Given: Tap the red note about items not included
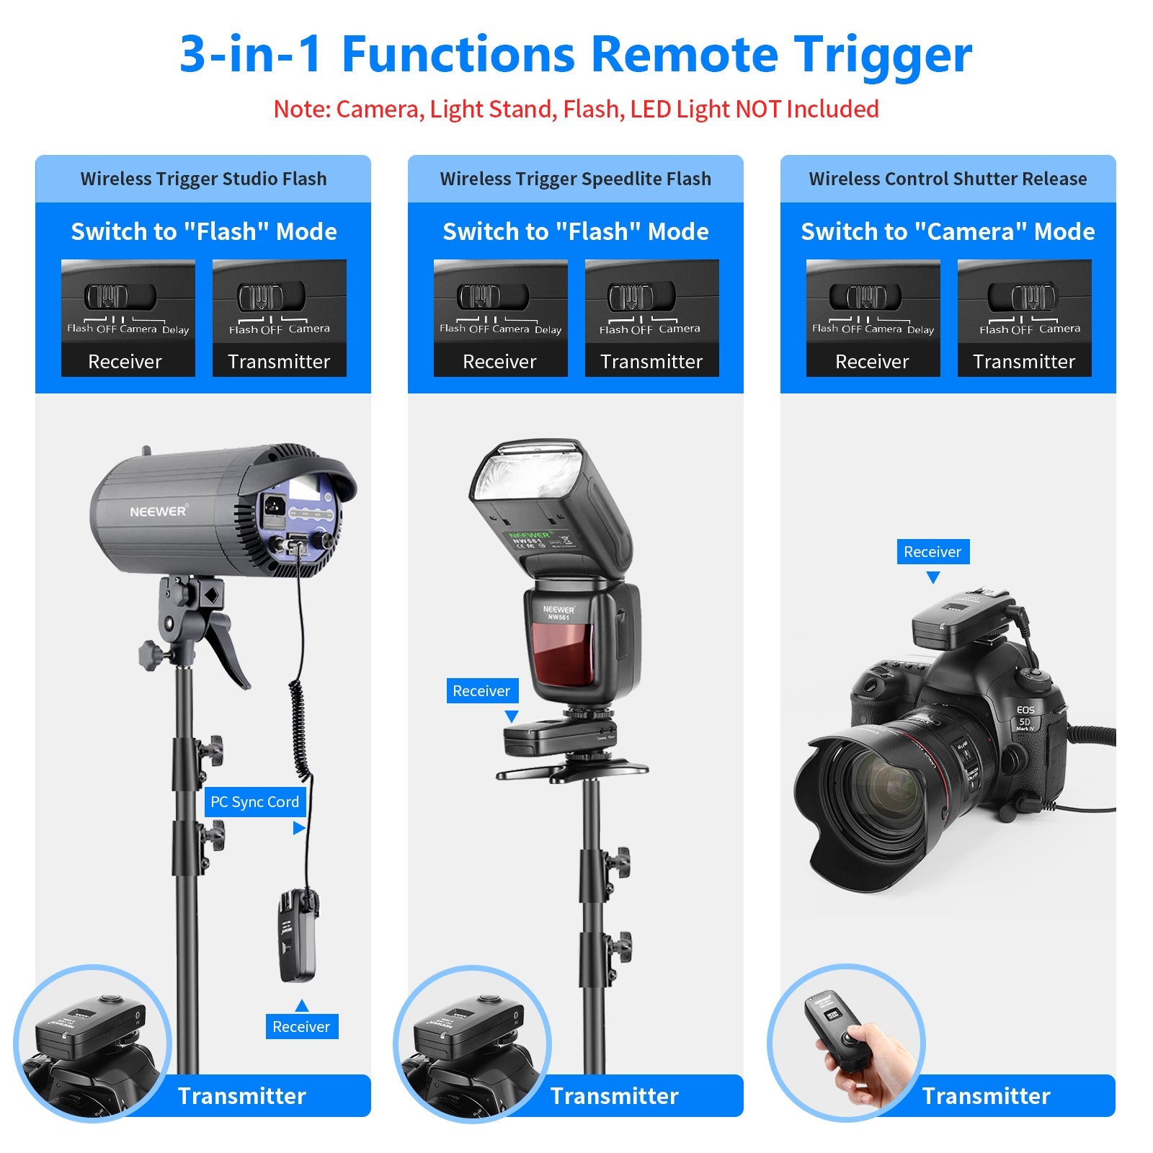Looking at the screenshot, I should point(576,110).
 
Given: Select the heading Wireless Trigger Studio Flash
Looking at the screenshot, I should point(203,179).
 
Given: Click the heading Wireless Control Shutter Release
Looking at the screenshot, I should point(948,179).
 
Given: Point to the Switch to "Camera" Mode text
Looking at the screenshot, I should point(948,231).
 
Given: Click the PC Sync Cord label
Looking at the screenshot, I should point(254,802).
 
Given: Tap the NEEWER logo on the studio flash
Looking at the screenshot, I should point(158,512).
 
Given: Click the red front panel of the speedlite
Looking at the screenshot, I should point(563,652).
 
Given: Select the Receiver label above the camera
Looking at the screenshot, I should point(932,552).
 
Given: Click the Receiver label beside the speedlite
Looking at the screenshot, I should point(481,691).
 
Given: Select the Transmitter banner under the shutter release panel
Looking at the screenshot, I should point(986,1096).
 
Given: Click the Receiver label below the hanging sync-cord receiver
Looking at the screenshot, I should point(301,1027).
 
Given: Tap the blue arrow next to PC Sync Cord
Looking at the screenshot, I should point(298,829).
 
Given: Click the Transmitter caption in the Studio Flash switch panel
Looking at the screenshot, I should point(279,362).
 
